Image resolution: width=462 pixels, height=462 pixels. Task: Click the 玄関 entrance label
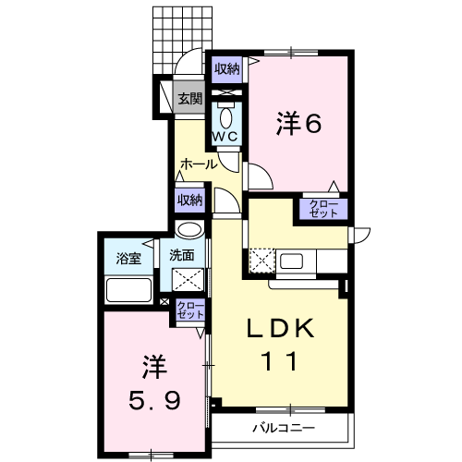click(x=190, y=99)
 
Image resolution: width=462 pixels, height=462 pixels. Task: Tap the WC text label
click(x=226, y=136)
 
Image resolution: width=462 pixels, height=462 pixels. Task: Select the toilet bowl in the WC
click(x=226, y=117)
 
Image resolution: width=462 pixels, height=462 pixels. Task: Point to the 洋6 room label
click(x=298, y=123)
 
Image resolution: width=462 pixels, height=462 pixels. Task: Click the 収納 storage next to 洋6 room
click(x=227, y=69)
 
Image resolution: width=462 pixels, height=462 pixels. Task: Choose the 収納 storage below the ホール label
click(x=189, y=201)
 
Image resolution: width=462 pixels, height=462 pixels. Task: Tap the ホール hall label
click(x=199, y=164)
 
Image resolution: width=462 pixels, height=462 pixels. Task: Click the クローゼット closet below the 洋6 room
click(x=323, y=209)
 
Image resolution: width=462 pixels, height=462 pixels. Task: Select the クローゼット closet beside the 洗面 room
click(x=190, y=310)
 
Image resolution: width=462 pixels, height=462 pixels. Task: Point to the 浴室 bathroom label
click(x=128, y=258)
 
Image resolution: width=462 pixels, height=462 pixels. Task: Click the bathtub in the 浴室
click(x=128, y=290)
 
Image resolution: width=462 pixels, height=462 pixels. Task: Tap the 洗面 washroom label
click(x=182, y=255)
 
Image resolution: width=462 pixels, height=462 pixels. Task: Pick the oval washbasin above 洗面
click(x=190, y=230)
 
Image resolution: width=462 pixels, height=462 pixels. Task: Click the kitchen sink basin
click(x=291, y=261)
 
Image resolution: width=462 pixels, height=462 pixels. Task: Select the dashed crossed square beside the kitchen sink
click(x=261, y=261)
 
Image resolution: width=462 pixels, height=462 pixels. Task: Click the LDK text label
click(x=280, y=329)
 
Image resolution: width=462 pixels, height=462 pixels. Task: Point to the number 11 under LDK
click(x=280, y=360)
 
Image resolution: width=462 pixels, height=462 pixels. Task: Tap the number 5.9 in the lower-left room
click(x=154, y=400)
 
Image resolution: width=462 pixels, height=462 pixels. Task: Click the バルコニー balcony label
click(x=284, y=428)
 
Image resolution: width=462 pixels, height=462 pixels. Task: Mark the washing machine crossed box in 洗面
click(x=188, y=280)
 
